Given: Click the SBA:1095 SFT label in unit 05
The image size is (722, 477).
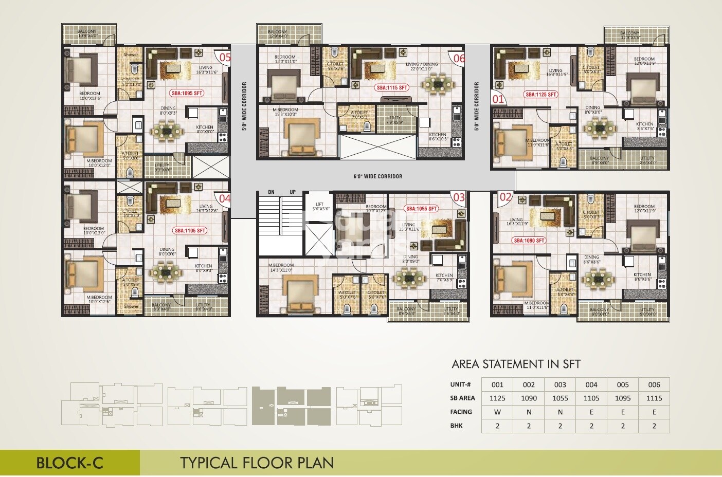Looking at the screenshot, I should click(187, 94).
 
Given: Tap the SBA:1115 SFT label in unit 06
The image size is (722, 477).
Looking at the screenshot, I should click(392, 88).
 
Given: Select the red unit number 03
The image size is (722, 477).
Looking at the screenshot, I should click(459, 197).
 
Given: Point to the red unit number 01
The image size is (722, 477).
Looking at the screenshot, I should click(498, 99).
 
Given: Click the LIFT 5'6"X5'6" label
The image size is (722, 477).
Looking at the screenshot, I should click(319, 207).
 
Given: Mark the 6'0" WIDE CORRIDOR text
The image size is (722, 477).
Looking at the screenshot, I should click(378, 176).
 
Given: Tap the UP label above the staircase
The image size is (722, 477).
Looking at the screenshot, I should click(293, 192).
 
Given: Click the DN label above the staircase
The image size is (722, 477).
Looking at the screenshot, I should click(271, 192).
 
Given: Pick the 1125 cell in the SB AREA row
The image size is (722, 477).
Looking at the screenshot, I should click(497, 398).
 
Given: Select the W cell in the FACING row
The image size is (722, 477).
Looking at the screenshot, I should click(497, 412).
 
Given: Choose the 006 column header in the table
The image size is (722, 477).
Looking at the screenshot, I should click(654, 384).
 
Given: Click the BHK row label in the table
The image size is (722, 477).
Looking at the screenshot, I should click(456, 426).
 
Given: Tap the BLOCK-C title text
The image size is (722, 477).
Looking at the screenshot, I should click(69, 463).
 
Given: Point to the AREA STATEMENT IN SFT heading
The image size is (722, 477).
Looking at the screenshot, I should click(516, 364).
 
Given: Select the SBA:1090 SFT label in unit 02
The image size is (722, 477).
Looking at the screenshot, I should click(529, 241).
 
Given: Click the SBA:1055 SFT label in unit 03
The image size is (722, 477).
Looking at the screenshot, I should click(422, 209).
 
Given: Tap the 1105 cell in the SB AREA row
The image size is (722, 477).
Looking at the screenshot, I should click(591, 398).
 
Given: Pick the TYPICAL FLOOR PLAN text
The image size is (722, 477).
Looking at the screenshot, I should click(257, 463).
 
